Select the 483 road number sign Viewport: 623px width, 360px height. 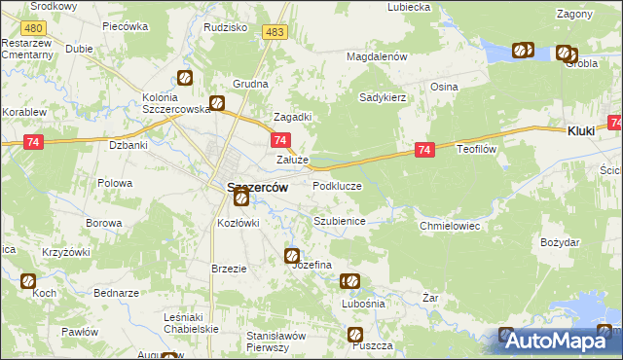pos(275,33)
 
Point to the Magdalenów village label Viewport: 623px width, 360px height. pos(377,57)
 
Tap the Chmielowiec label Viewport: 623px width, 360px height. pos(450,226)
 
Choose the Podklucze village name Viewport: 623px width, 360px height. pos(337,185)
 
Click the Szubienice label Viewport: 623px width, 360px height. pos(339,221)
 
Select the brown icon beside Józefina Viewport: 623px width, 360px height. pos(292,256)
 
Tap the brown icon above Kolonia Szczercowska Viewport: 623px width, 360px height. pos(185,78)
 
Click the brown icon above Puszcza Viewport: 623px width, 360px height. pos(355,335)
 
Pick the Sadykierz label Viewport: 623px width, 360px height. pos(382,97)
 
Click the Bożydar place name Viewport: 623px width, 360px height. pos(560,241)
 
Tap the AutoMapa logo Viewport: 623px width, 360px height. pos(561,342)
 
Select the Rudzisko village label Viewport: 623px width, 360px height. pos(225,27)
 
